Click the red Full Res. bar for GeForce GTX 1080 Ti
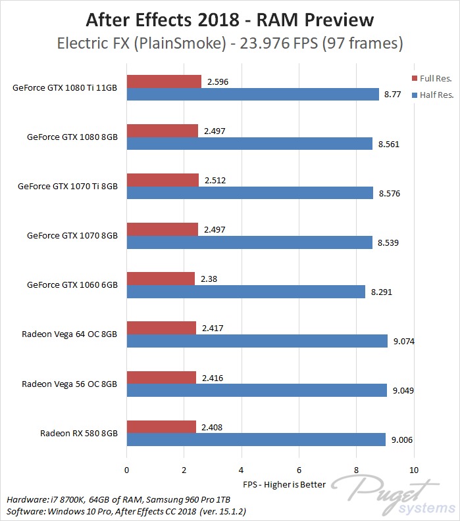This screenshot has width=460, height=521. (164, 81)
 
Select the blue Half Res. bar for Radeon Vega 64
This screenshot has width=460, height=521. (257, 341)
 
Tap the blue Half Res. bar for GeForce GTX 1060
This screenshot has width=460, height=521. (245, 292)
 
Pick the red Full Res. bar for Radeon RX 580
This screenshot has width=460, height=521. (161, 426)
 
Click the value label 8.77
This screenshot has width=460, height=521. (391, 95)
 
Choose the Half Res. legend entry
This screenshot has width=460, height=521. (432, 95)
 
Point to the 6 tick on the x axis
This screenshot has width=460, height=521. (299, 470)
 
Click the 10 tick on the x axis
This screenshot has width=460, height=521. (413, 470)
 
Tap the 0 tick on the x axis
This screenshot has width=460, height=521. (126, 470)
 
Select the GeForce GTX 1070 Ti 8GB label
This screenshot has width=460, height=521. (68, 186)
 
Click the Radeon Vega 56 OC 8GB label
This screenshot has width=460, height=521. (69, 384)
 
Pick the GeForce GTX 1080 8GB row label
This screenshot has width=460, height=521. (72, 137)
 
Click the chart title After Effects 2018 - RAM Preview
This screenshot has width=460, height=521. (230, 20)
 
